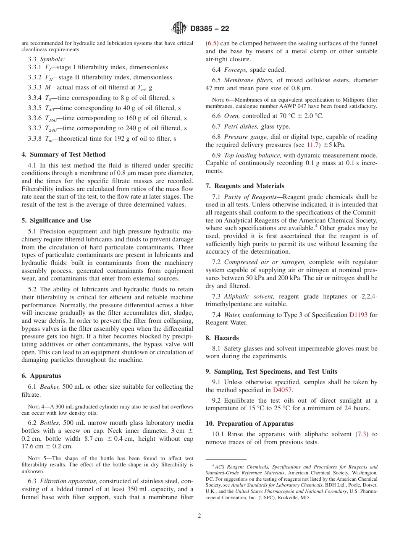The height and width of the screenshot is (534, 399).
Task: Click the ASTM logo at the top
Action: (180, 29)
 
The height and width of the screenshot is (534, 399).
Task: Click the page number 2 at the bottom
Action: (199, 516)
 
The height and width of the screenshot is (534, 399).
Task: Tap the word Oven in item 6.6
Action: (231, 116)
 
